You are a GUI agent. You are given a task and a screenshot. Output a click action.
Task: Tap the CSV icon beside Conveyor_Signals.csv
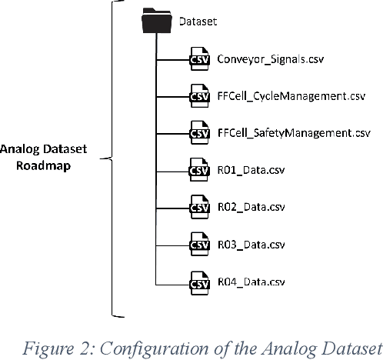[200, 59]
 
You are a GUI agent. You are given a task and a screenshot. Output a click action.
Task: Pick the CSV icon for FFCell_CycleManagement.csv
[200, 96]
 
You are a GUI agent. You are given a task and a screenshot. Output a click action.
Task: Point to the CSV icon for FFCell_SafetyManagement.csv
[200, 133]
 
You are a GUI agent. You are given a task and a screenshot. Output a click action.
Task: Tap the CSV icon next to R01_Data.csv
[200, 169]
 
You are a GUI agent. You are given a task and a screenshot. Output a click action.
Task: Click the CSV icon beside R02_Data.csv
[200, 206]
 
